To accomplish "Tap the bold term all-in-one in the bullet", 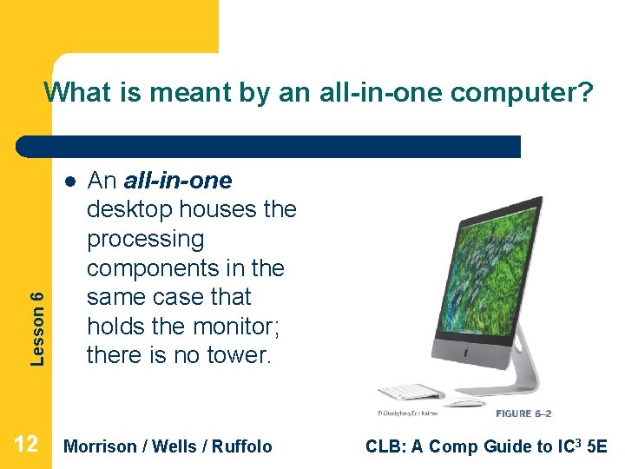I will [x=178, y=181].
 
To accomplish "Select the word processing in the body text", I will [x=145, y=239].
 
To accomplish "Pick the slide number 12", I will [x=26, y=446].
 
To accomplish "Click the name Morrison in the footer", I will [x=101, y=446].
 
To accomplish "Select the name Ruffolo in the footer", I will [x=239, y=446].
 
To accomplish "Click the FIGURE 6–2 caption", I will [x=523, y=413].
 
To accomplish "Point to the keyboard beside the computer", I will [x=411, y=393].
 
